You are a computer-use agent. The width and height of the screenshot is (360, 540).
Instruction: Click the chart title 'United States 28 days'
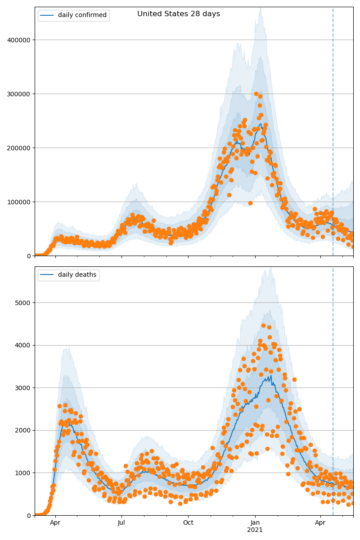[179, 14]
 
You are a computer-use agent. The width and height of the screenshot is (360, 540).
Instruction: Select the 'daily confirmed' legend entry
[82, 15]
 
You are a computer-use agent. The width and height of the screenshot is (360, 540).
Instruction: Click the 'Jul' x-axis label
[121, 523]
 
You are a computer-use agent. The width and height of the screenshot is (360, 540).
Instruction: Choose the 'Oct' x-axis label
[188, 523]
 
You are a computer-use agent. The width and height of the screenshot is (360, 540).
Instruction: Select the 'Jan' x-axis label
[255, 523]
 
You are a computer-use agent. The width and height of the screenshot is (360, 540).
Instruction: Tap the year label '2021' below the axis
[255, 530]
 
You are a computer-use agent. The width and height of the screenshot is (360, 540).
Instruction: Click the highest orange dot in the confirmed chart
[256, 94]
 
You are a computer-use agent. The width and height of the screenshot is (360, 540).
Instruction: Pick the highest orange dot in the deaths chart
[263, 325]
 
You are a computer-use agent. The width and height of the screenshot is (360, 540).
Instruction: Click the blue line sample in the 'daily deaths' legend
[47, 275]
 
